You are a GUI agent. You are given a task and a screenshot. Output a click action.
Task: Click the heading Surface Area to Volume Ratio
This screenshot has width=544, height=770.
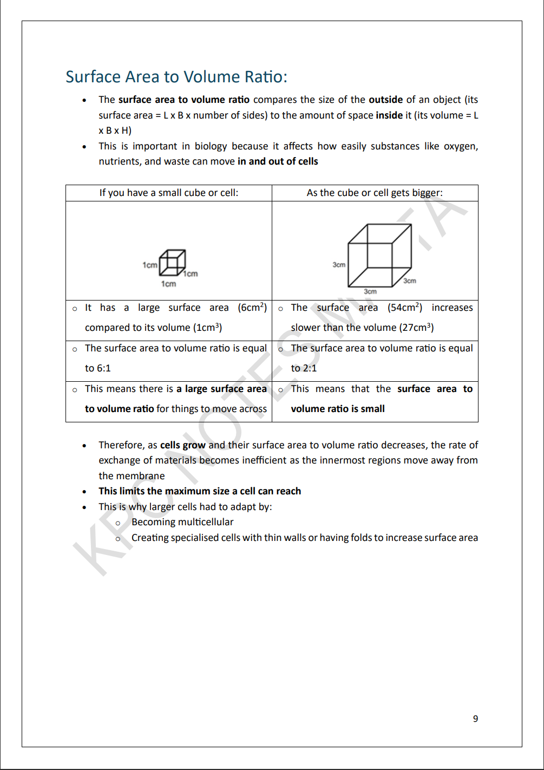point(176,77)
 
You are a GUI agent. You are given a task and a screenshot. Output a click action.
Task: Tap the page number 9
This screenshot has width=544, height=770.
point(475,719)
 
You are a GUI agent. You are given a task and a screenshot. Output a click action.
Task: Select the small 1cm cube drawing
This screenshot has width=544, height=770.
point(173,263)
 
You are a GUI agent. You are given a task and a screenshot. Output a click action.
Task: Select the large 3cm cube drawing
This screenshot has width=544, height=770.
point(379,255)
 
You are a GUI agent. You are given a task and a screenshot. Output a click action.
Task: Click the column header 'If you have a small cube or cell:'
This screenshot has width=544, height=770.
point(168,193)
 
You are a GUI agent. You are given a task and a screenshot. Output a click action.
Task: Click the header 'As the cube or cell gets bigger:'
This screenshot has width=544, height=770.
point(375,193)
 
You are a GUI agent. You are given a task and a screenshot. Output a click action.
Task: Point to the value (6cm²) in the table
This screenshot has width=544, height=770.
point(252,308)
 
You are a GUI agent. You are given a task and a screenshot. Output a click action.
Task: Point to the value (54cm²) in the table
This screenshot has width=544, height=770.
point(404,308)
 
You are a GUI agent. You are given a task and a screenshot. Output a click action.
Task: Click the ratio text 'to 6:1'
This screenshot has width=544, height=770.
point(98,368)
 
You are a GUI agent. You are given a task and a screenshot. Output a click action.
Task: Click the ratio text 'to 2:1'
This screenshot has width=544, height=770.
point(304,368)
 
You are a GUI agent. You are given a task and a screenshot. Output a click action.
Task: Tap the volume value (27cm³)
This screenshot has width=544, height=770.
point(416,328)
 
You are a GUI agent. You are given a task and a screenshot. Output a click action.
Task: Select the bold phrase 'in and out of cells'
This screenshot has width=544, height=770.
point(278,161)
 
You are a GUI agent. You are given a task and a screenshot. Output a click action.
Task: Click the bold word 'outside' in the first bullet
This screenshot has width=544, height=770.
point(385,100)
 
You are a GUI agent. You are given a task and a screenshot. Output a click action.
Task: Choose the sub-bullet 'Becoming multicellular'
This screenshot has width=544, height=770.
point(182,522)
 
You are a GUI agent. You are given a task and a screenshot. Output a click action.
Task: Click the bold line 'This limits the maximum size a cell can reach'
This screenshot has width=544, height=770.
point(200,491)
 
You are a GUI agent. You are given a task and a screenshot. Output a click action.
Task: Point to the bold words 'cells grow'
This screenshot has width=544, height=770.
point(182,445)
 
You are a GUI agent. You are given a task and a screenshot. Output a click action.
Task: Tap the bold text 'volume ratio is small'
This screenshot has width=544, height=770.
point(338,409)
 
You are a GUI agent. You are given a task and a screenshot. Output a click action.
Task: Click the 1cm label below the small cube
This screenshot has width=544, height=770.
point(168,284)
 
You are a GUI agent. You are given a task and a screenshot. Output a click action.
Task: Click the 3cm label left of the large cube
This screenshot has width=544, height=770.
point(339,265)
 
